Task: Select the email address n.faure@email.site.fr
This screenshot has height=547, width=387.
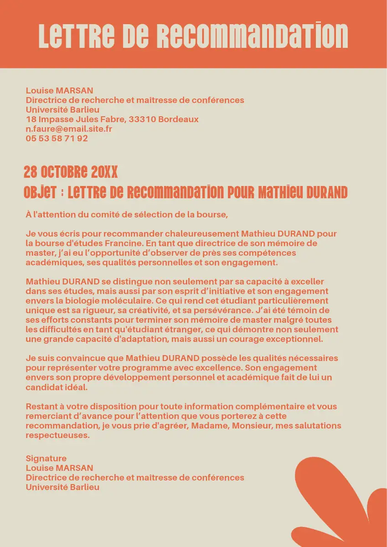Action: (69, 129)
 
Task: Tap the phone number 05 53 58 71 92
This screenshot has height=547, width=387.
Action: (57, 139)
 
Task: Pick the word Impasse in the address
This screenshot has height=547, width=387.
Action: (56, 119)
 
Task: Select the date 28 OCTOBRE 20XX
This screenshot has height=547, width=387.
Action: (71, 172)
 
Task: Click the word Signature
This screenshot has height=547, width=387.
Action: (46, 459)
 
